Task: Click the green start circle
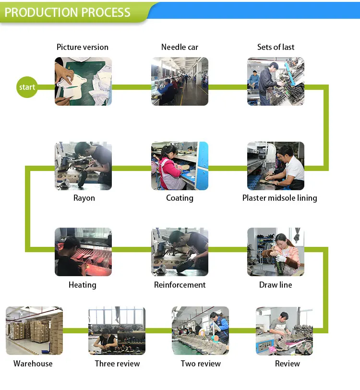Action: (x=27, y=87)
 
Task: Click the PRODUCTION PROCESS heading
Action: (x=67, y=12)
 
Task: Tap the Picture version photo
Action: (x=83, y=81)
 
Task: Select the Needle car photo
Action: (x=180, y=81)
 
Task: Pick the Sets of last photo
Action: (x=276, y=81)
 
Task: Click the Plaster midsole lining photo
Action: (x=276, y=166)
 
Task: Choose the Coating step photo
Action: (x=180, y=166)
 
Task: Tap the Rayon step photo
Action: (x=83, y=166)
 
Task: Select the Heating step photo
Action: (x=83, y=252)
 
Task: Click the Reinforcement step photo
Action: (x=180, y=252)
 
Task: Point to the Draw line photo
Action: (x=276, y=252)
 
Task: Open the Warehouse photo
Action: (x=34, y=330)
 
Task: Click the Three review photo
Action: (x=117, y=330)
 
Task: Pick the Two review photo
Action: (x=200, y=330)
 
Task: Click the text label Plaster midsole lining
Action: (x=279, y=198)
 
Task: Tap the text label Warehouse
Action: (x=33, y=364)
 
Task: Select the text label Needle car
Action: (x=180, y=47)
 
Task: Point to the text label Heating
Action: (x=83, y=285)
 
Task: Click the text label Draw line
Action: (x=276, y=285)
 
